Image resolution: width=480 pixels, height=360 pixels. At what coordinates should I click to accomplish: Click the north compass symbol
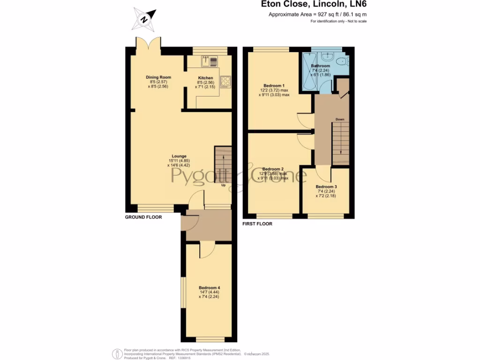pyautogui.click(x=145, y=19)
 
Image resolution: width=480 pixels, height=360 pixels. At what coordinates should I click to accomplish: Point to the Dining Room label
pyautogui.click(x=158, y=77)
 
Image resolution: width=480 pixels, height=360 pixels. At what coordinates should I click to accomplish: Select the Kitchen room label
pyautogui.click(x=205, y=78)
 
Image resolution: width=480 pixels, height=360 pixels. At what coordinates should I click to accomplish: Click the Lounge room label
pyautogui.click(x=179, y=156)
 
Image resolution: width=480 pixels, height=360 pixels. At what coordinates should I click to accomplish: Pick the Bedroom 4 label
pyautogui.click(x=209, y=288)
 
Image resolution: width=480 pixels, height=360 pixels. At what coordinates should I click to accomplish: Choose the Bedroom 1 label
pyautogui.click(x=274, y=86)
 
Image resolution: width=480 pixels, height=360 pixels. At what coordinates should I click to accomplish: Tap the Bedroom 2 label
pyautogui.click(x=273, y=169)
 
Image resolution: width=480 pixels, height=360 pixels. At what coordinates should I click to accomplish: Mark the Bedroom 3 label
pyautogui.click(x=326, y=187)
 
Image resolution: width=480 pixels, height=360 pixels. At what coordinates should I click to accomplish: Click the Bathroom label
pyautogui.click(x=320, y=66)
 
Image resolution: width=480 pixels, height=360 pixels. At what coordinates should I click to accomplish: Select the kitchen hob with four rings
pyautogui.click(x=225, y=82)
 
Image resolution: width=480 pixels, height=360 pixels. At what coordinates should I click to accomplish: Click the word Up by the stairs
pyautogui.click(x=224, y=185)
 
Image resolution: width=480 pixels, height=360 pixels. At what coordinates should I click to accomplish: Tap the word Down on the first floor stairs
pyautogui.click(x=340, y=120)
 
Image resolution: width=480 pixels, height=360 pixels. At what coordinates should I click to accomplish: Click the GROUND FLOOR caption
pyautogui.click(x=143, y=217)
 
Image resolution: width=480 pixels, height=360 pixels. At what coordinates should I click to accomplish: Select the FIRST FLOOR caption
pyautogui.click(x=257, y=224)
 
